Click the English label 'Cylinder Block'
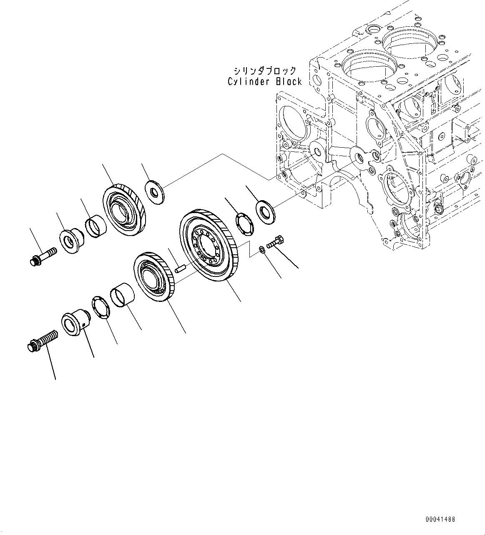pos(264,82)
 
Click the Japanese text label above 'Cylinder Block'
pos(265,70)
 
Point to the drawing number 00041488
pos(440,520)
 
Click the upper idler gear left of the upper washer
pos(124,208)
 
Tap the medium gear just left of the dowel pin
pos(153,276)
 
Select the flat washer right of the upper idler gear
pos(155,191)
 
